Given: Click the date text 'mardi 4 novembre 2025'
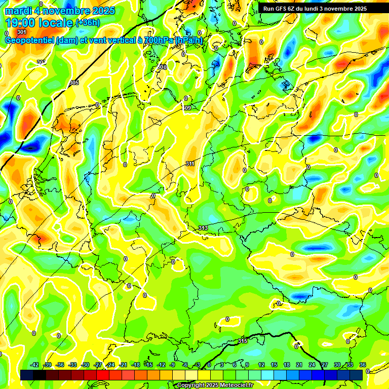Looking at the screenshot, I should click(60, 11).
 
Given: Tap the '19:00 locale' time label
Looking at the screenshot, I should click(39, 23).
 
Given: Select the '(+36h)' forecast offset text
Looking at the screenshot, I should click(88, 23).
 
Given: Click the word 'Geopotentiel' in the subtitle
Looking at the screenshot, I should click(30, 41).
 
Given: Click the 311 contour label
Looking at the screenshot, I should click(190, 164).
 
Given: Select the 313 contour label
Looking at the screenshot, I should click(203, 228).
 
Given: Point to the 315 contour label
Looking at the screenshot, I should click(243, 341).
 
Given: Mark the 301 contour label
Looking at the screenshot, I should click(21, 32).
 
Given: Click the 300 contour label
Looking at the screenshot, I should click(162, 67).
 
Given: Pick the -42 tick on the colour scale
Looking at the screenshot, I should click(35, 365).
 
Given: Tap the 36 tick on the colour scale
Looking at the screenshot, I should click(363, 365).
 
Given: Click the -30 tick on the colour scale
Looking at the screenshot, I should click(86, 365).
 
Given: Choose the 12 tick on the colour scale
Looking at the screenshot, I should click(261, 365).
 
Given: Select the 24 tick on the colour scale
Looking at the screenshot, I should click(312, 365).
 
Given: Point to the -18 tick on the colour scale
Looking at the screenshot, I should click(136, 365).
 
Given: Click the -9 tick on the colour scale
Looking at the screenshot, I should click(173, 365).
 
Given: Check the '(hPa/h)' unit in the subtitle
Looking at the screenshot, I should click(189, 41).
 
